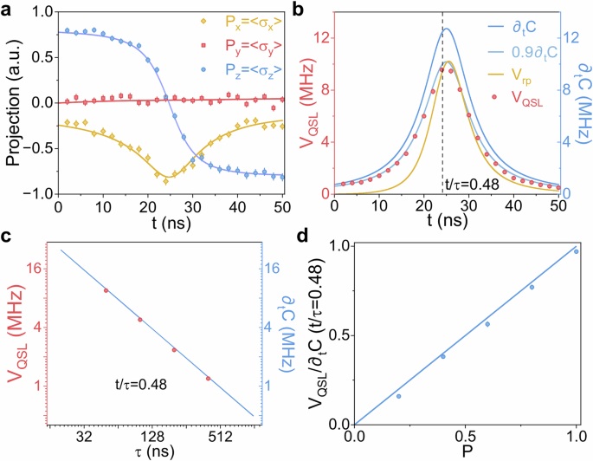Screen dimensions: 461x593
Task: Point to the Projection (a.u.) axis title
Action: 12,106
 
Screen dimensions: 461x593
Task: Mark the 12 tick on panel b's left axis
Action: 320,38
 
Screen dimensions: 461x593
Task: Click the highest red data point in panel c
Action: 106,290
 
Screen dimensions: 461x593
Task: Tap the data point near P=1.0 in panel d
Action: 576,251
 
